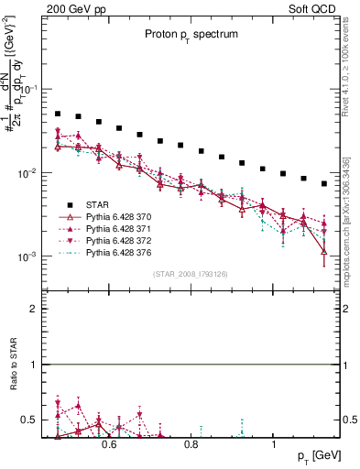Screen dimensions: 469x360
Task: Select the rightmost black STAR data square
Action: [324, 183]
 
